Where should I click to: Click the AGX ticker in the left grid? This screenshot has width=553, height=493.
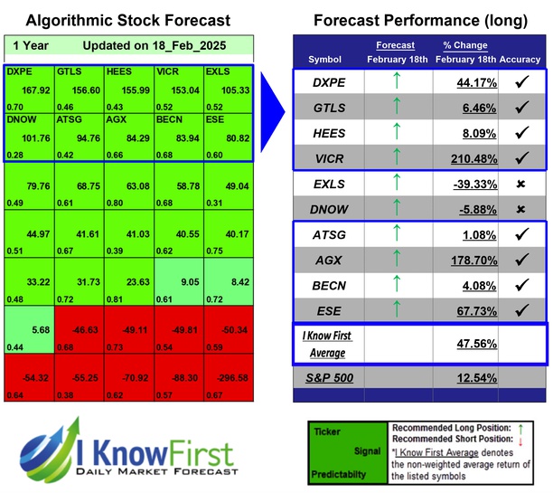tap(117, 120)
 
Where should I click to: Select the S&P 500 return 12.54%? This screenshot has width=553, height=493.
tap(473, 376)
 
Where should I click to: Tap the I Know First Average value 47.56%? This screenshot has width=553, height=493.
tap(473, 344)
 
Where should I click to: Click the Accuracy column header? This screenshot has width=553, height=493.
tap(520, 60)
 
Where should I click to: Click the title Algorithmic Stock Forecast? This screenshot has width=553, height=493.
tap(127, 20)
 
